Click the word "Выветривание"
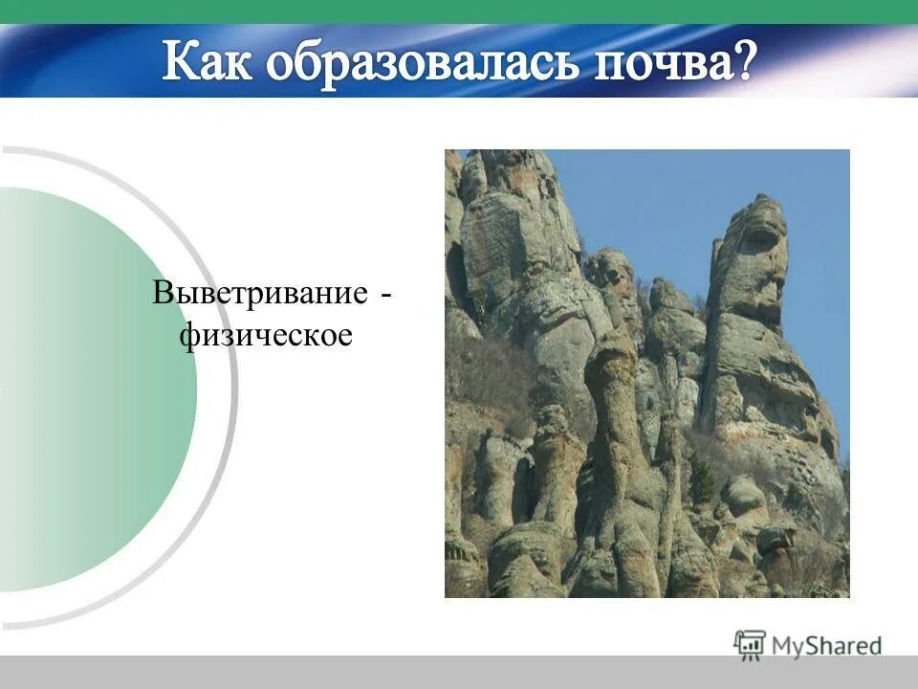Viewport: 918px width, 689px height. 258,294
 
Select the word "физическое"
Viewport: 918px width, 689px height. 268,336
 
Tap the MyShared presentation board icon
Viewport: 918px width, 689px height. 751,644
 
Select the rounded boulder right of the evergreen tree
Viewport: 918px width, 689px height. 743,495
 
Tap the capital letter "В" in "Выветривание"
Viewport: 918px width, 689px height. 163,294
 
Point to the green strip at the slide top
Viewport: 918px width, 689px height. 459,11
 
